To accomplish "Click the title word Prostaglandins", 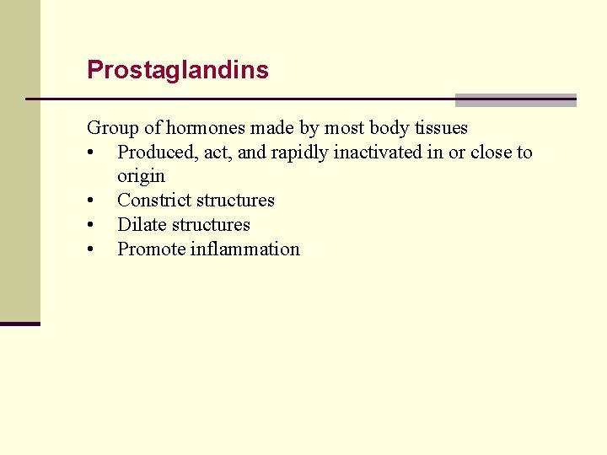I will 178,70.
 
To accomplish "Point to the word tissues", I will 441,128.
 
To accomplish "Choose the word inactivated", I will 379,153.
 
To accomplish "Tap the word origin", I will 141,177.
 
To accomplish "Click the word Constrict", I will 152,201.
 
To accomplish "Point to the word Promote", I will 151,249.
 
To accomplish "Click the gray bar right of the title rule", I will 515,99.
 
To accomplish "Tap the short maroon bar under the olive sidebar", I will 20,324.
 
